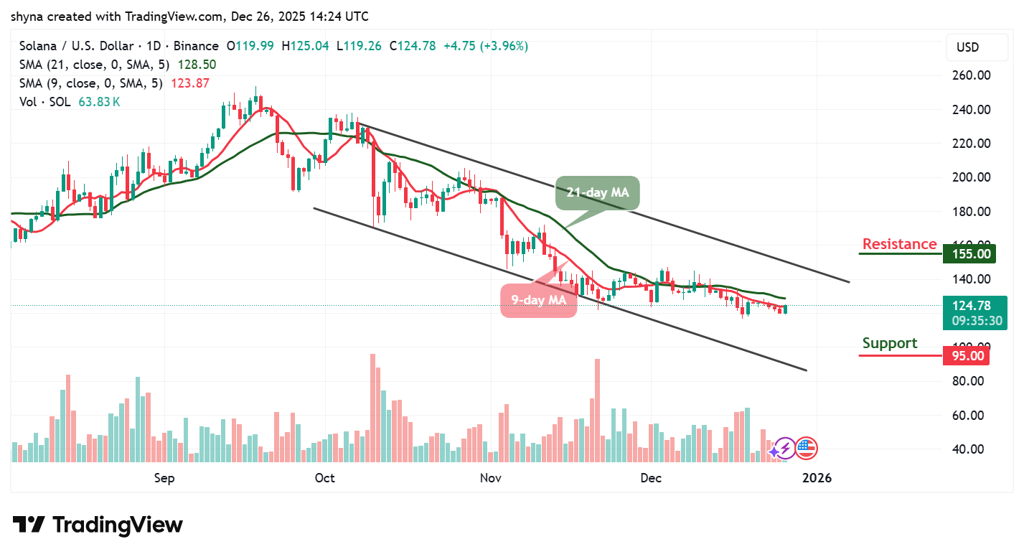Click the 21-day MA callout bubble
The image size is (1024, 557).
(x=597, y=193)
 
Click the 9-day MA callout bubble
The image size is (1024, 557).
(x=538, y=300)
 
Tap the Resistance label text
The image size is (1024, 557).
(x=899, y=244)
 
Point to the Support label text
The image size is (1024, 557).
(x=890, y=343)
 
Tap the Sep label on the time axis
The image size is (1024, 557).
(x=164, y=478)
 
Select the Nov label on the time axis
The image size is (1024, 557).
(x=491, y=478)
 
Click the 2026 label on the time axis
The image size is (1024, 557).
(x=817, y=478)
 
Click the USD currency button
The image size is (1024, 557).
(x=967, y=47)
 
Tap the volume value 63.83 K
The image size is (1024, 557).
(x=100, y=102)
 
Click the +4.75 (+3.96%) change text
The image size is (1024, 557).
(x=485, y=46)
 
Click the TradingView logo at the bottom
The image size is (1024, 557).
(x=98, y=525)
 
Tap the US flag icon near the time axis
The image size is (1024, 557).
(x=806, y=449)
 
